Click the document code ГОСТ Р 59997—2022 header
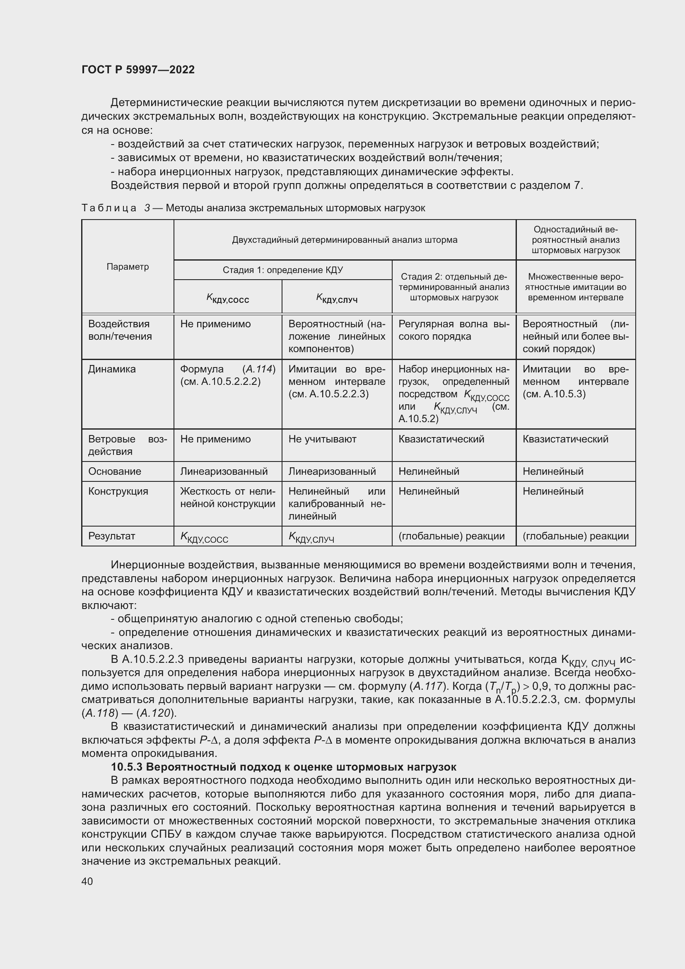tap(138, 70)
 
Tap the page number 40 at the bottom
tap(87, 881)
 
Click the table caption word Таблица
tap(109, 208)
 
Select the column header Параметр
tap(128, 267)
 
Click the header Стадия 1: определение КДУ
tap(282, 270)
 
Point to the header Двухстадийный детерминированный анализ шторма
tap(345, 240)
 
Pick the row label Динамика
tap(112, 369)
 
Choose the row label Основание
tap(114, 471)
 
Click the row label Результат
tap(111, 536)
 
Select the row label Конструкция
tap(118, 491)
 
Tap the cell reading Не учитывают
tap(322, 439)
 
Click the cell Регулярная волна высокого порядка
tap(454, 331)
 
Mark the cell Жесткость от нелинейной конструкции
tap(227, 498)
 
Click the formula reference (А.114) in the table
tap(258, 369)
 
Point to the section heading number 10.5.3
tap(127, 767)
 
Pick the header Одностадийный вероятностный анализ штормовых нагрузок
tap(575, 240)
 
